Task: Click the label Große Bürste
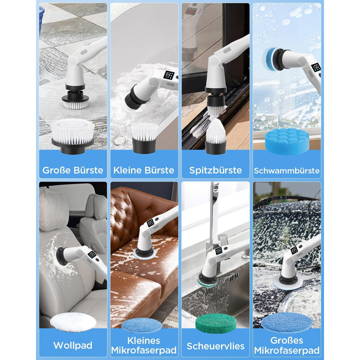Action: pos(73,170)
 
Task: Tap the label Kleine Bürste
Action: pos(144,170)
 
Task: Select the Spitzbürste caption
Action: pos(215,170)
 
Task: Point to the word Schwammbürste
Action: pos(287,171)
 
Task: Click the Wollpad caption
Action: pos(73,346)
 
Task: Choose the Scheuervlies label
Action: pos(215,346)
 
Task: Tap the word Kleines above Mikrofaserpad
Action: pos(143,340)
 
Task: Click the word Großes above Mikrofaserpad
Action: pos(286,340)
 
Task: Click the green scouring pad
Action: pos(216,323)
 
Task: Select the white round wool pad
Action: pos(73,322)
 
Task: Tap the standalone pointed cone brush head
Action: pos(215,136)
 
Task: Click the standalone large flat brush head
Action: pos(73,136)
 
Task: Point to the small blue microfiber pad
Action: pos(141,325)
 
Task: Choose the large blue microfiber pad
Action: pos(287,322)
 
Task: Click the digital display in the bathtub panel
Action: pos(169,75)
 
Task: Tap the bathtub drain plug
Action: pos(120,141)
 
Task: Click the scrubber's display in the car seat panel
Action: pos(92,255)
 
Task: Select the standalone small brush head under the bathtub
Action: pos(145,138)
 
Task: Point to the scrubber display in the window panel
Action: pos(316,67)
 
